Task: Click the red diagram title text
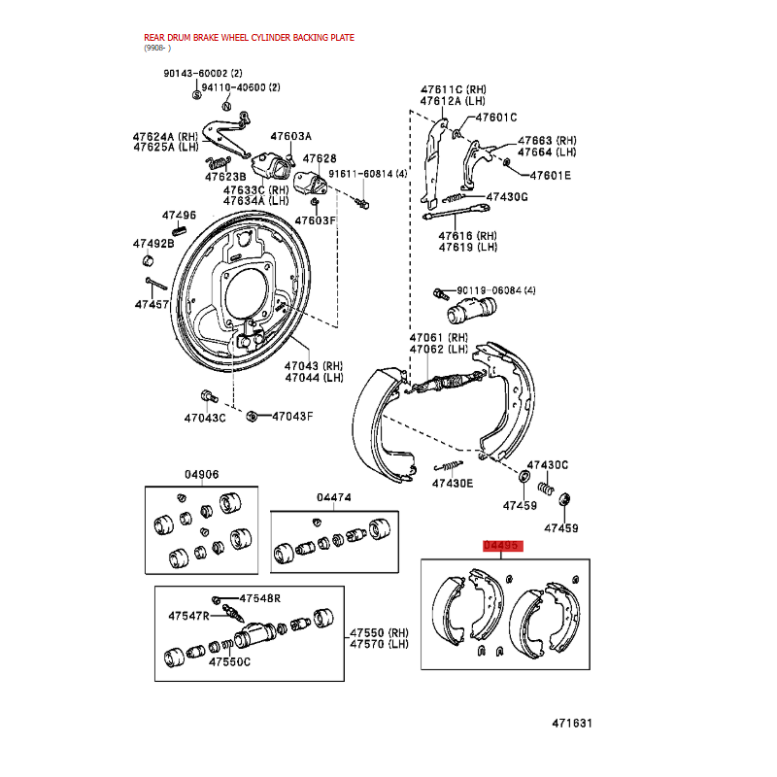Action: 249,38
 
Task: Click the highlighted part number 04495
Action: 501,545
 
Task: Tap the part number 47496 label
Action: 179,215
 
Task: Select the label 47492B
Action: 153,244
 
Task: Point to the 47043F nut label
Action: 292,417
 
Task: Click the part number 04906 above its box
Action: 201,474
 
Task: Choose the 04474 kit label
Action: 333,497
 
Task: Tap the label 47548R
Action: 260,598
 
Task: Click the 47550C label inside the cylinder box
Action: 229,661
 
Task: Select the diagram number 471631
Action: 572,723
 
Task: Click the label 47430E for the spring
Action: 453,483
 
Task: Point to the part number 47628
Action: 320,158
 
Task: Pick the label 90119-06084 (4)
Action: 496,290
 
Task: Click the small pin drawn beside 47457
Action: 156,284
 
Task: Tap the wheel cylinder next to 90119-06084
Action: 471,311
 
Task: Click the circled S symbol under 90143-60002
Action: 197,95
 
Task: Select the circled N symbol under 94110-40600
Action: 226,107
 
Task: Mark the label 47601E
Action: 550,176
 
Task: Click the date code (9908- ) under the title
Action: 157,48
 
